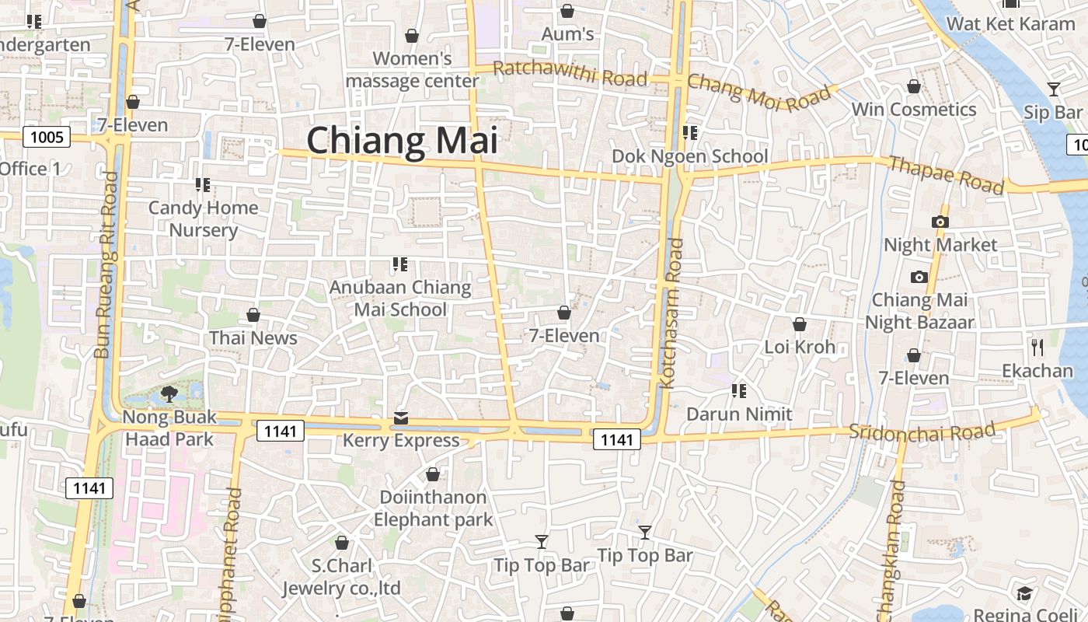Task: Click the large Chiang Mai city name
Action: click(x=402, y=141)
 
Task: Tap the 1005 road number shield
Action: click(x=47, y=138)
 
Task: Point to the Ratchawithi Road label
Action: click(x=570, y=73)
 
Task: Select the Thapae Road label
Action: click(x=946, y=174)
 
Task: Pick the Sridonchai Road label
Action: click(x=922, y=431)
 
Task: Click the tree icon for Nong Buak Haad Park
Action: click(x=169, y=394)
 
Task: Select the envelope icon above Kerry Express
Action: click(x=401, y=418)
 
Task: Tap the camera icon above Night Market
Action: click(x=940, y=222)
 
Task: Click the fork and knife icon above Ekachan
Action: click(x=1037, y=347)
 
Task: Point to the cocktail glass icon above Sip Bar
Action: click(x=1053, y=89)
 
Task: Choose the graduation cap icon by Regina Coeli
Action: click(x=1024, y=594)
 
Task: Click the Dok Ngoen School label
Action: click(x=689, y=156)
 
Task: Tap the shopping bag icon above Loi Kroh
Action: click(x=800, y=324)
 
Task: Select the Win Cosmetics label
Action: click(x=914, y=110)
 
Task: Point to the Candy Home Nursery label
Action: click(x=203, y=218)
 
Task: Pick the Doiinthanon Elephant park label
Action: click(x=433, y=508)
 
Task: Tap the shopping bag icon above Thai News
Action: click(x=253, y=315)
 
